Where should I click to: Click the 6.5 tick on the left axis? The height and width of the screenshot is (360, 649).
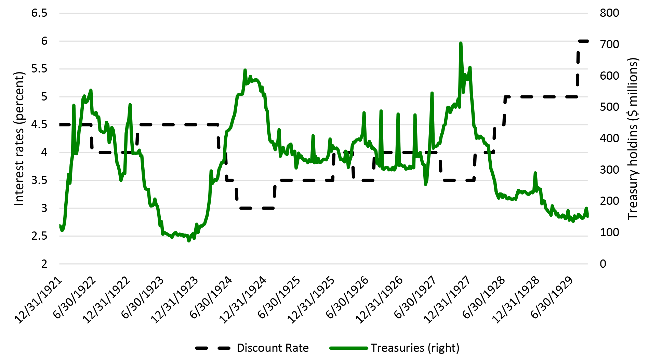point(39,13)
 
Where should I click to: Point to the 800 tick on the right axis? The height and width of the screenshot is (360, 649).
point(609,13)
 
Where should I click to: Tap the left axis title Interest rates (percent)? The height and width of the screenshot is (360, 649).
point(19,138)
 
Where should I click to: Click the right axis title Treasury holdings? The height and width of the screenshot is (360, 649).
point(633,138)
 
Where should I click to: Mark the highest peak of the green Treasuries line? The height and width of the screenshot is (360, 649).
point(461,43)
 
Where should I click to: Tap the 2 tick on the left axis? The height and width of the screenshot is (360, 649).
point(44,264)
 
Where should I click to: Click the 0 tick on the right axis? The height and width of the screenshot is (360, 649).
point(603,264)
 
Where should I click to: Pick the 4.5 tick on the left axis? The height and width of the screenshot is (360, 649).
point(39,125)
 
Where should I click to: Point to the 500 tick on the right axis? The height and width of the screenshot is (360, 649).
point(609,107)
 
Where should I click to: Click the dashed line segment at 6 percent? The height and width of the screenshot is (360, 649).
point(583,41)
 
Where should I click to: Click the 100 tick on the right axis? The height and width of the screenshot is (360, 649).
point(609,232)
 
